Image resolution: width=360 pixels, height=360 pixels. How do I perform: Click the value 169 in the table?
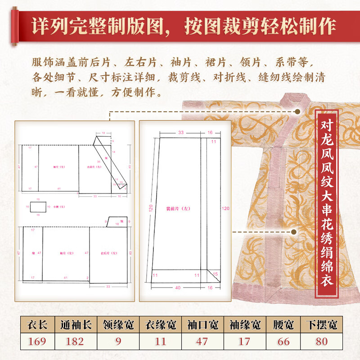[x=37, y=341]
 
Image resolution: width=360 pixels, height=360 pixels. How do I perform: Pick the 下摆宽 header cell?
[x=321, y=324]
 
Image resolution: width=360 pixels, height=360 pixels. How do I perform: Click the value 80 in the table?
[x=321, y=341]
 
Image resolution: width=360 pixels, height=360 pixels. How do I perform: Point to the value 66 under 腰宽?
[x=283, y=341]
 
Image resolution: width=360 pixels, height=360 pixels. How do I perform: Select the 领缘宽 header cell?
[x=118, y=324]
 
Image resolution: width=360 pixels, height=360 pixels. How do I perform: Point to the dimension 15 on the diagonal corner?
[x=215, y=274]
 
